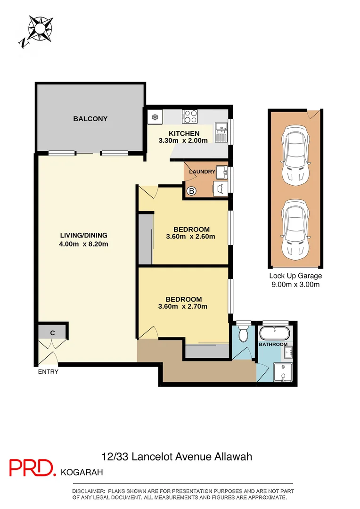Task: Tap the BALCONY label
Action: tap(90, 119)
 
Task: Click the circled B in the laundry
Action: tap(192, 191)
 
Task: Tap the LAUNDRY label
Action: tap(202, 172)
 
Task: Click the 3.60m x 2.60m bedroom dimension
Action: tap(191, 237)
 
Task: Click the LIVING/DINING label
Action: tap(84, 235)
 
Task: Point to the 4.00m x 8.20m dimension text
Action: tap(84, 244)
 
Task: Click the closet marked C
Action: tap(53, 333)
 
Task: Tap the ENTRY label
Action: tap(49, 372)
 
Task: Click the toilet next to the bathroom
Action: tap(244, 334)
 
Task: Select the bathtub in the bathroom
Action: tap(274, 333)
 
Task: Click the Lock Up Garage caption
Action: tap(295, 276)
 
